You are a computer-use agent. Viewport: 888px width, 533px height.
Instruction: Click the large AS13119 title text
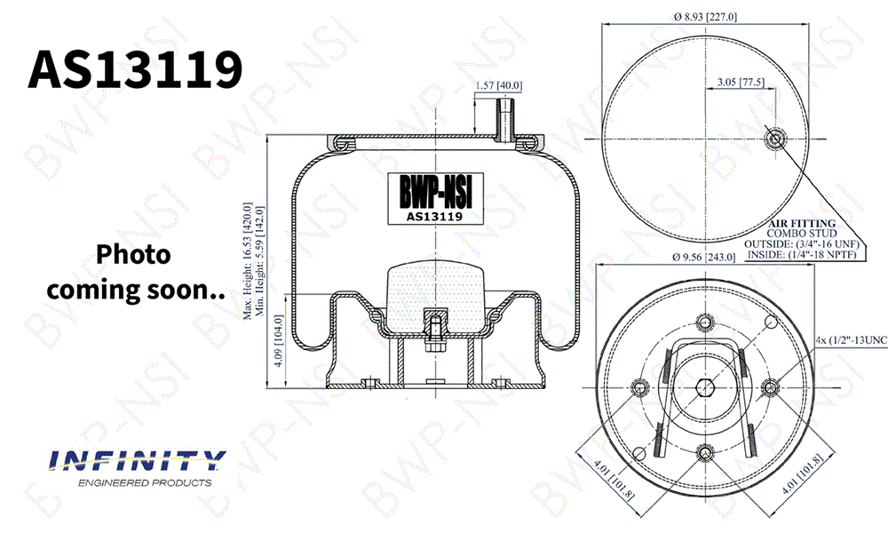pos(135,69)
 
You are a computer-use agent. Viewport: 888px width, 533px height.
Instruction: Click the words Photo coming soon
pos(136,272)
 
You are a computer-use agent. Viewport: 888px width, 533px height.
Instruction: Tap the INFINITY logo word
pos(138,460)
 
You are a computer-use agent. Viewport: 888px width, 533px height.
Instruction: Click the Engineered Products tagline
pos(145,482)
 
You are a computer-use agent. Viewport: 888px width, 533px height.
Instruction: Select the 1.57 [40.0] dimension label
pos(498,85)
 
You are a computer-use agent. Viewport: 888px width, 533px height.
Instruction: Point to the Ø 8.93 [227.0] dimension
pos(705,17)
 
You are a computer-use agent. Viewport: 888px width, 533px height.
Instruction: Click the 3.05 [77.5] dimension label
pos(741,82)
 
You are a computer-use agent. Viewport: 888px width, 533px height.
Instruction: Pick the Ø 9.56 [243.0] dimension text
pos(703,257)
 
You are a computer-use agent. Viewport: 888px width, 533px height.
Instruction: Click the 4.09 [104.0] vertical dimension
pos(278,341)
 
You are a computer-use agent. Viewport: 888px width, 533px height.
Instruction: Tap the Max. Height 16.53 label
pos(248,262)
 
